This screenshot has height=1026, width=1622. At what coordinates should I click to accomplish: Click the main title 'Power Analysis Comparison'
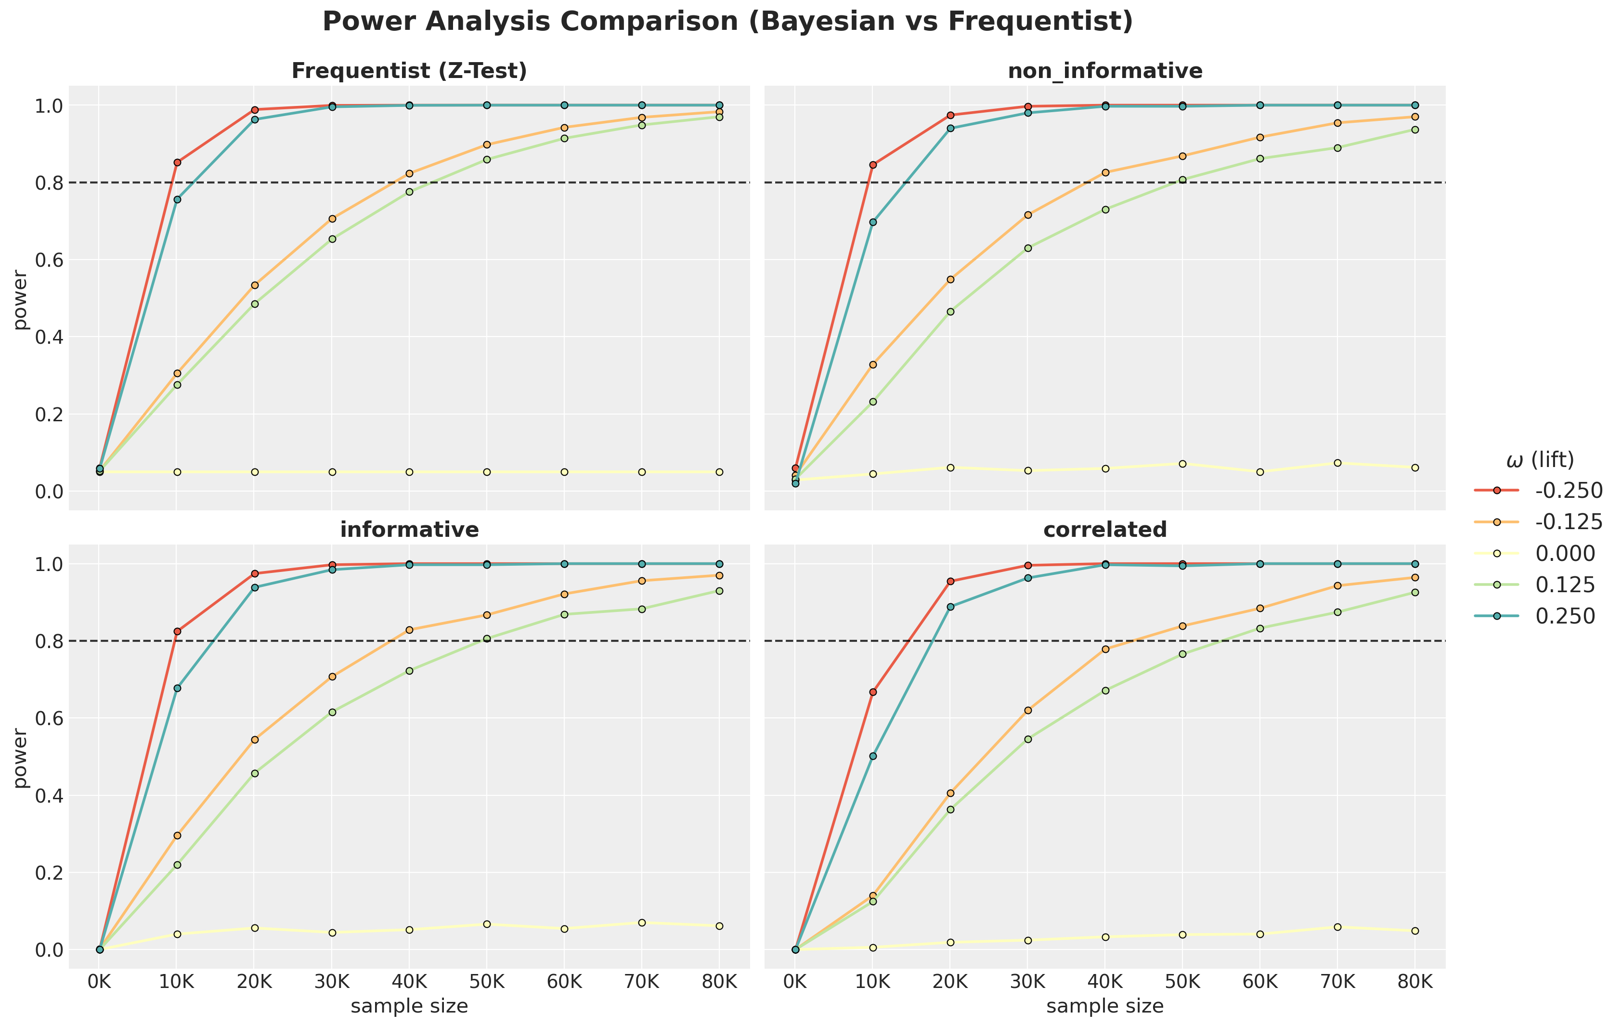click(727, 22)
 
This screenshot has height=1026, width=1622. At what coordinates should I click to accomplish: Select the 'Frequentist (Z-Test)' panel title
click(409, 71)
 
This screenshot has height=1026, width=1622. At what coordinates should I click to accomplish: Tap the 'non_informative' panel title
click(1105, 71)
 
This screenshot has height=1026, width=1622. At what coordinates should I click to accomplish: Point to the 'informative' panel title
click(409, 530)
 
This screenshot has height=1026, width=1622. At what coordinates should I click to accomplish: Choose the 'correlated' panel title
click(1105, 530)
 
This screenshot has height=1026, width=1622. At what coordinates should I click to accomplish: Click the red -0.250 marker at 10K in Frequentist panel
click(177, 162)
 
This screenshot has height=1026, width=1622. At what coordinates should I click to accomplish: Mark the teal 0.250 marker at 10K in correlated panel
click(873, 756)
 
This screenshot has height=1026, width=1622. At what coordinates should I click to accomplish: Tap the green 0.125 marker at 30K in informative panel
click(332, 712)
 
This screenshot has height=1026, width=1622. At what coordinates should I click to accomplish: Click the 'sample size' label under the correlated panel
click(1105, 1006)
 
